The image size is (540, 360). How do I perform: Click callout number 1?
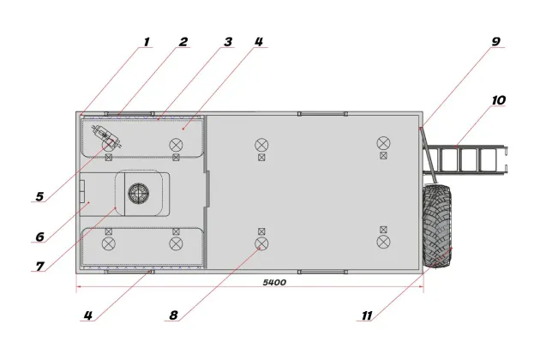pyautogui.click(x=147, y=42)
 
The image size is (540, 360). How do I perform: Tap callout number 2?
pyautogui.click(x=183, y=42)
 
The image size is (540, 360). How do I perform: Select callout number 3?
pyautogui.click(x=228, y=42)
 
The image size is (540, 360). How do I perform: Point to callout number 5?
pyautogui.click(x=39, y=196)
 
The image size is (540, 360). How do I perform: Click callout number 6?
pyautogui.click(x=40, y=237)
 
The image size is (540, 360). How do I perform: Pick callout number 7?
pyautogui.click(x=40, y=267)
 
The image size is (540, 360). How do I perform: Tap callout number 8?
pyautogui.click(x=173, y=315)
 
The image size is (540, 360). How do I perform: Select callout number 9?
pyautogui.click(x=495, y=42)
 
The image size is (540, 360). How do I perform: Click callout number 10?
pyautogui.click(x=498, y=100)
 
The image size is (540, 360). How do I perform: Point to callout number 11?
pyautogui.click(x=367, y=315)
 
